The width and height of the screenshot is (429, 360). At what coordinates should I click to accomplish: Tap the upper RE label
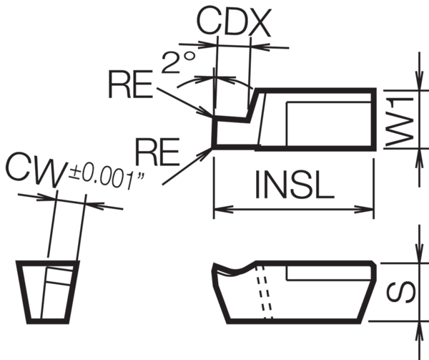click(130, 87)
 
